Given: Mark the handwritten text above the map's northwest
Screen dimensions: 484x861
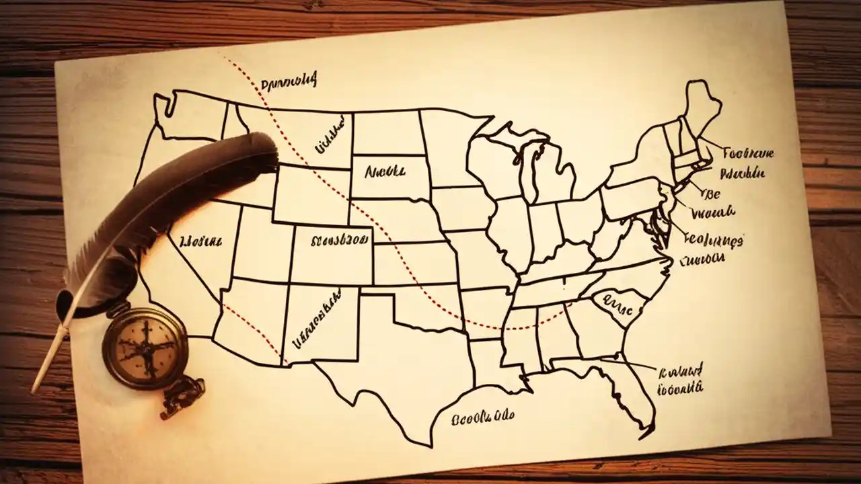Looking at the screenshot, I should (x=287, y=84).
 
